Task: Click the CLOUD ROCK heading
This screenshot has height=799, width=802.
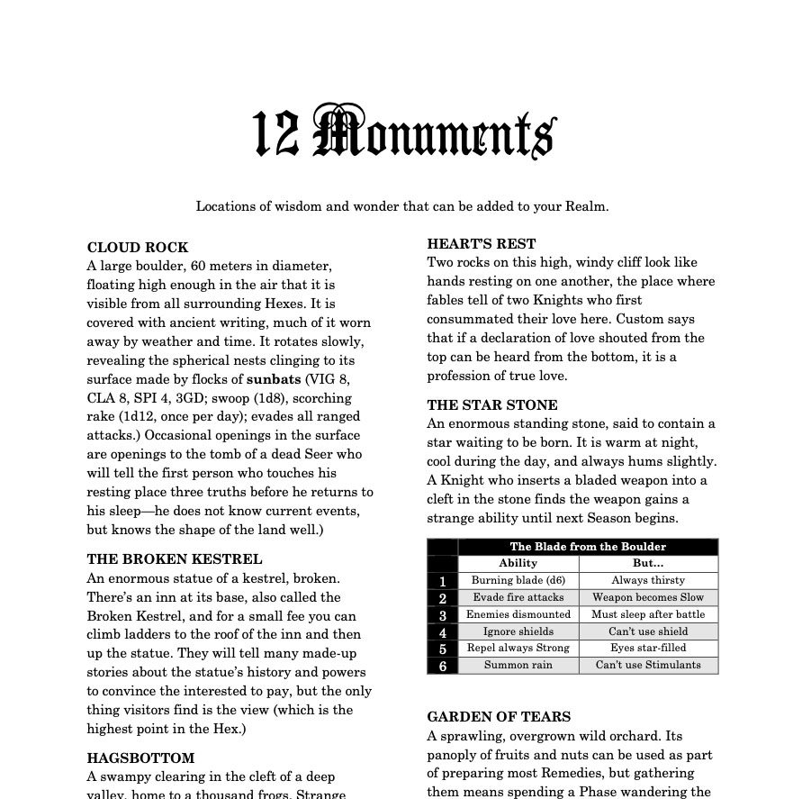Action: coord(138,248)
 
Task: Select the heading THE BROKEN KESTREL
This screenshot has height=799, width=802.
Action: coord(175,559)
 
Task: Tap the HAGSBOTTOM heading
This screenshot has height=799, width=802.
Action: coord(140,758)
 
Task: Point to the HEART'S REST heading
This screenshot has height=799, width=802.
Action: coord(482,244)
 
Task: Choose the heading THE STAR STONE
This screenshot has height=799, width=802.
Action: coord(492,405)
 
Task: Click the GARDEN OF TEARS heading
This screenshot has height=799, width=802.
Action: coord(499,717)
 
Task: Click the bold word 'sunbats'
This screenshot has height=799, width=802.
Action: coord(275,379)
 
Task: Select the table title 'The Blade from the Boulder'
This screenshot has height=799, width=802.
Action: coord(588,547)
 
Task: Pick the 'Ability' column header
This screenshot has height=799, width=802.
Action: coord(518,563)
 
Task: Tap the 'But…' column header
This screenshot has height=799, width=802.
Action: coord(648,563)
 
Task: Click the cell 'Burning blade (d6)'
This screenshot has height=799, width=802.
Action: coord(518,580)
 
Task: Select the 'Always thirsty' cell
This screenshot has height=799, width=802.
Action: coord(648,580)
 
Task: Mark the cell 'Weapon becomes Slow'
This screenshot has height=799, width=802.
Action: coord(648,597)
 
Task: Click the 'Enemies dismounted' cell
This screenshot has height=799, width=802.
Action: coord(518,614)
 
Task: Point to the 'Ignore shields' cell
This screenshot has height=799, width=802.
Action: coord(518,631)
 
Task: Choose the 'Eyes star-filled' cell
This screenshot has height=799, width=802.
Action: coord(648,648)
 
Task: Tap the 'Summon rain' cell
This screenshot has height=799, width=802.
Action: coord(518,665)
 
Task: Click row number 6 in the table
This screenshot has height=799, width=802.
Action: coord(443,666)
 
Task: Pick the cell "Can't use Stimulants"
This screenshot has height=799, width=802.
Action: coord(648,665)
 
